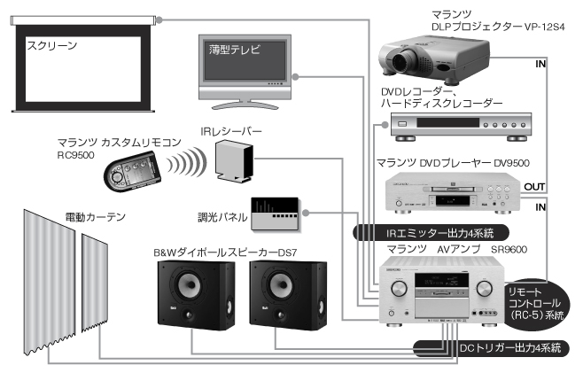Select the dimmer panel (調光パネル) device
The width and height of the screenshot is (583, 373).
click(276, 212)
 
